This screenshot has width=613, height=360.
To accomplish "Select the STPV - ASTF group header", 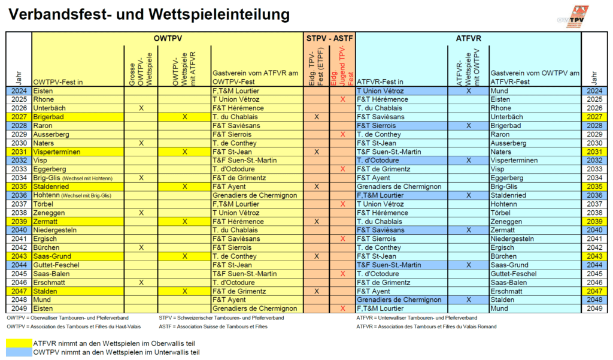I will tap(329, 38).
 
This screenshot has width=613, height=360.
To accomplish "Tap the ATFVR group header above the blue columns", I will tap(468, 38).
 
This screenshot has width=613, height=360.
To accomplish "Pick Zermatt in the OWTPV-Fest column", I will tap(46, 222).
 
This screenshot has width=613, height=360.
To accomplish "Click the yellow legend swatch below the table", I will tap(19, 343).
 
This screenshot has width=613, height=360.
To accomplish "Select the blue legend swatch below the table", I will tap(19, 352).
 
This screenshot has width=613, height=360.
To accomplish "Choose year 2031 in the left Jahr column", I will tap(19, 152).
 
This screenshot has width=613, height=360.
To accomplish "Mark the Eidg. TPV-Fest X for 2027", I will tap(316, 117).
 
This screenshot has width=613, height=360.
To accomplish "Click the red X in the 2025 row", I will tap(342, 99).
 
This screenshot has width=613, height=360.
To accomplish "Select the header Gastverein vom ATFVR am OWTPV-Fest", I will tap(256, 77).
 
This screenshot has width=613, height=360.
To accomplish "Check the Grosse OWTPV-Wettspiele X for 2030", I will tap(141, 143).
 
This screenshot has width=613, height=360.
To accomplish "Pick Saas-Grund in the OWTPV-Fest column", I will tap(53, 256).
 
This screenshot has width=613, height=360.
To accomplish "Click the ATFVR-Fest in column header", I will tap(380, 81).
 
